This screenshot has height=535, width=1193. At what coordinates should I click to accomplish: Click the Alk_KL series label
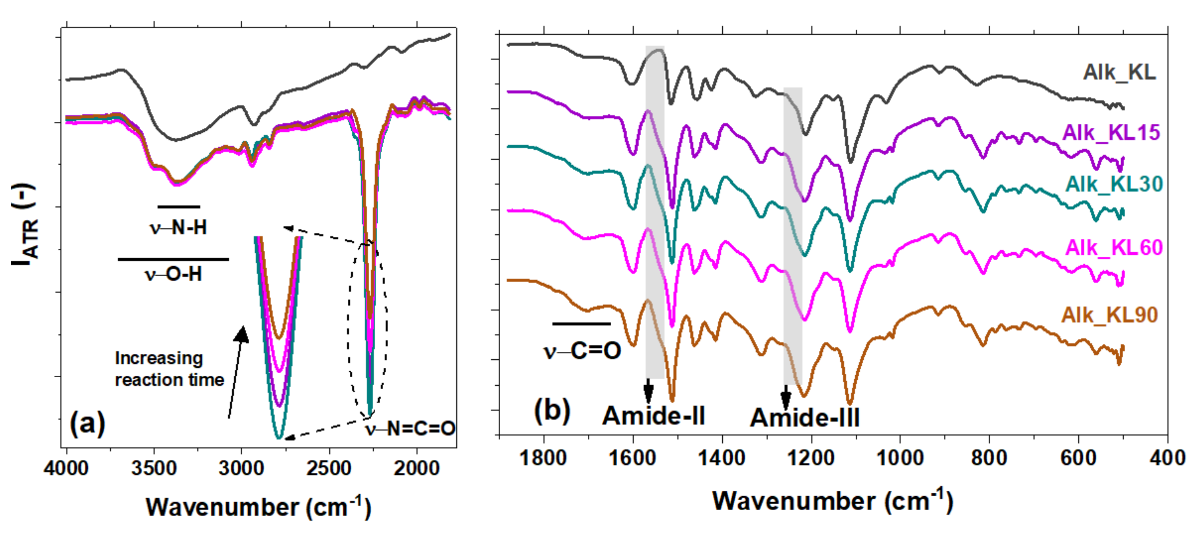click(x=1119, y=72)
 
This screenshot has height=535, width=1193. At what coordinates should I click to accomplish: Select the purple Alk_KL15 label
click(x=1111, y=133)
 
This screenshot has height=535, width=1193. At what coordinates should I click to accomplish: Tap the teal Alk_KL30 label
click(x=1114, y=184)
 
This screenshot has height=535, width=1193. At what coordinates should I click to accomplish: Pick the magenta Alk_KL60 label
click(x=1114, y=248)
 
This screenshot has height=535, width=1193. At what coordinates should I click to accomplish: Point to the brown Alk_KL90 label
click(x=1110, y=315)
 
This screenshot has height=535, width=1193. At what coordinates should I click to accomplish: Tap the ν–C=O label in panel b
click(x=582, y=351)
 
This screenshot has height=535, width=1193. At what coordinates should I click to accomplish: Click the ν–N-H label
click(x=178, y=228)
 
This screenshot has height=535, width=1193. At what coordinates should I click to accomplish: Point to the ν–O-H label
click(x=173, y=274)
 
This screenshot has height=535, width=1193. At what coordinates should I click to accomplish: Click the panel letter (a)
click(x=87, y=422)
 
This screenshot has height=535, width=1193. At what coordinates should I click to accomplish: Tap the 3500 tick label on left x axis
click(x=154, y=468)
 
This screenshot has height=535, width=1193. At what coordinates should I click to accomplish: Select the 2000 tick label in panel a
click(x=416, y=468)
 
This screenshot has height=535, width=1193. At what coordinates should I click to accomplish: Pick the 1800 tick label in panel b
click(x=543, y=458)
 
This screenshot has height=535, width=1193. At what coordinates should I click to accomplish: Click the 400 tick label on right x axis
click(x=1167, y=458)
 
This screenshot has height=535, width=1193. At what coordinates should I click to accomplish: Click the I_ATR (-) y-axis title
click(x=24, y=226)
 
